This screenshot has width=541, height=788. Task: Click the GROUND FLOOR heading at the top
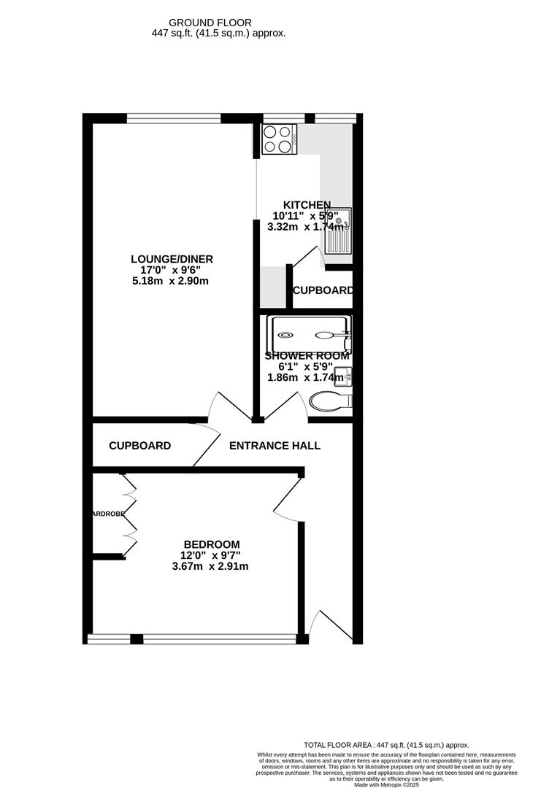click(210, 23)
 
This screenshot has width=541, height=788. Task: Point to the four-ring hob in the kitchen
click(276, 139)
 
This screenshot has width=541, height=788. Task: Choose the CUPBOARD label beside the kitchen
click(323, 290)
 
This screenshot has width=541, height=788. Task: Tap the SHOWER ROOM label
click(307, 356)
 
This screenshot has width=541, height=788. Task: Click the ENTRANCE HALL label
click(275, 446)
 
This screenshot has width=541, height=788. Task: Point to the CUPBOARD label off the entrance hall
click(140, 446)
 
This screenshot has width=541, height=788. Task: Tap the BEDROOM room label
click(211, 544)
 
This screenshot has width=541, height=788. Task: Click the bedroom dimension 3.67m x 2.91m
click(210, 566)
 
